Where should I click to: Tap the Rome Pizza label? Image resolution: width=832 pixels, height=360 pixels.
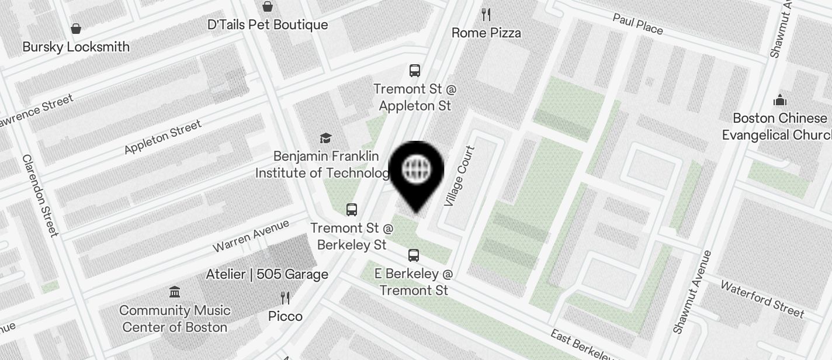coord(486,33)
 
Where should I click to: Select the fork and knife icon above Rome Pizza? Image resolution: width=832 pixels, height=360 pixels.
coord(486,14)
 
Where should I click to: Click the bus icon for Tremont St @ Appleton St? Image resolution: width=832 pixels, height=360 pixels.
coord(415,71)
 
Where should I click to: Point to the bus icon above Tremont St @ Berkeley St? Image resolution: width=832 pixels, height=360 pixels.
coord(352,210)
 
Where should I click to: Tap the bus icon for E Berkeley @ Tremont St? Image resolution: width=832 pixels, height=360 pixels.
coord(414,255)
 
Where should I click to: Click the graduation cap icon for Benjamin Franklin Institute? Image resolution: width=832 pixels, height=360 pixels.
coord(325,138)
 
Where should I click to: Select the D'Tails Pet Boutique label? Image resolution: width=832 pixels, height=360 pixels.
coord(268,25)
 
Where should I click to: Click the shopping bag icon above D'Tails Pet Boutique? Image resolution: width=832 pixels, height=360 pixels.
coord(268,6)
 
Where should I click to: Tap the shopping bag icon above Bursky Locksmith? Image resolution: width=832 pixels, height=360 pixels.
coord(76,28)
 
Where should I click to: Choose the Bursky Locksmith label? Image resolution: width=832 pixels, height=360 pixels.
coord(76,47)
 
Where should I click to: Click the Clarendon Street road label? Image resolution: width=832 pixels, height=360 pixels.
coord(40,195)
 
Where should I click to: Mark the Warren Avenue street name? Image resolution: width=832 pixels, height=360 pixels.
coord(251,235)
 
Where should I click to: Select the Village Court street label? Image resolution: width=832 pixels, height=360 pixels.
coord(459,176)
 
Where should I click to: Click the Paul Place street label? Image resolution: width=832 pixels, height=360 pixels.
coord(637,24)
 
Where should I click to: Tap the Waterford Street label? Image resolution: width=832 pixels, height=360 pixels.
coord(762,298)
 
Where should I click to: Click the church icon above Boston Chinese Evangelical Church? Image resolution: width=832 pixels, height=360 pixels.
coord(779,101)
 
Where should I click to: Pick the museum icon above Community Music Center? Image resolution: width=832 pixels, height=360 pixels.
coord(174,292)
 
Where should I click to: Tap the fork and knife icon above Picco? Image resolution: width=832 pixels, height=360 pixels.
coord(285,298)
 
